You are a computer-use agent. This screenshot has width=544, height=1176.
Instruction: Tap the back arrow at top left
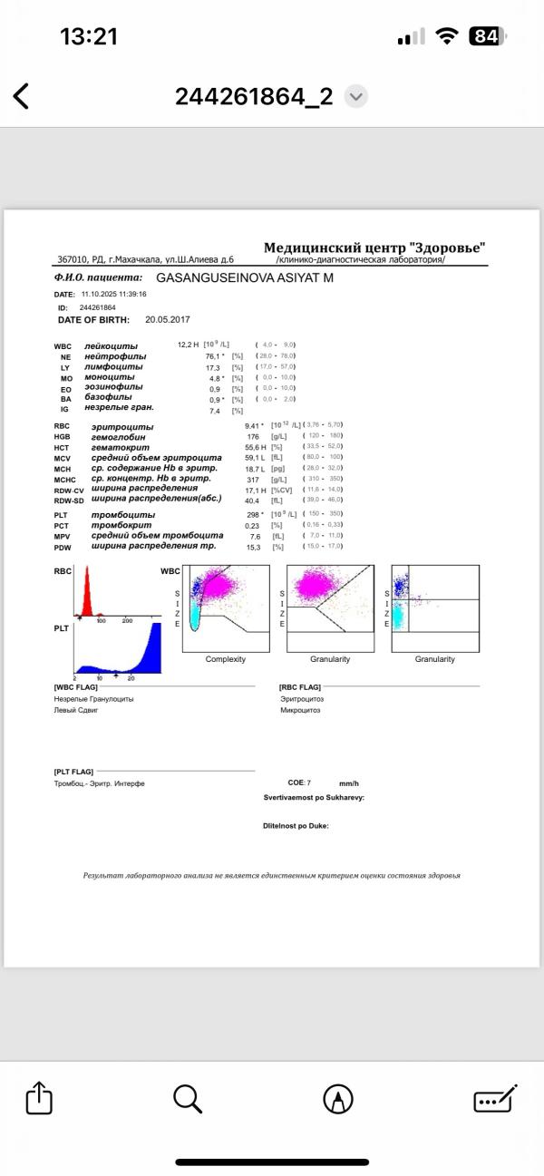[21, 96]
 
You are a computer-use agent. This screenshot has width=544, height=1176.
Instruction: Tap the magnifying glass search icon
[187, 1099]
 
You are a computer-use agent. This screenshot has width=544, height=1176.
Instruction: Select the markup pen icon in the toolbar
[338, 1099]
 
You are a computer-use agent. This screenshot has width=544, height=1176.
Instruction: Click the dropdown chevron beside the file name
[356, 97]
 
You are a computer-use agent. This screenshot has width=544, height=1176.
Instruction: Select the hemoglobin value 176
[253, 437]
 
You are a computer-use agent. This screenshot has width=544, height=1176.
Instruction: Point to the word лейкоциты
[111, 346]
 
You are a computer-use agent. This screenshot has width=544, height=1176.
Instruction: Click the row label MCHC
[65, 479]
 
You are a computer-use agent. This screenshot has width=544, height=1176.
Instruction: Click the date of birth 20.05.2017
[168, 320]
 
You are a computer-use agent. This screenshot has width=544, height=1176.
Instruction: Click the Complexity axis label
[226, 659]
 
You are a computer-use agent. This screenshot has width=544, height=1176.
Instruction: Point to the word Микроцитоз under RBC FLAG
[301, 710]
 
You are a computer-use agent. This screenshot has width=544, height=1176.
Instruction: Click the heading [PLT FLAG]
[73, 772]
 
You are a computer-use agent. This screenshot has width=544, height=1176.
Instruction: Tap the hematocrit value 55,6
[253, 447]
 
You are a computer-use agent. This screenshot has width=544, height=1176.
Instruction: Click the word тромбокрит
[121, 525]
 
